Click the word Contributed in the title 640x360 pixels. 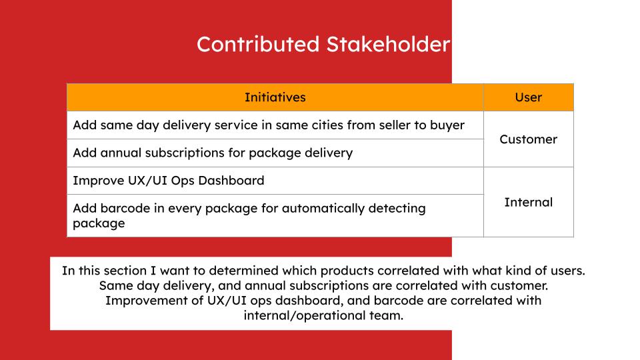[258, 44]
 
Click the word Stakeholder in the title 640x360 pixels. [388, 44]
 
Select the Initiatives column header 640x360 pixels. [275, 97]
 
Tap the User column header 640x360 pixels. [529, 97]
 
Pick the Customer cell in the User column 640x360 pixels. [529, 139]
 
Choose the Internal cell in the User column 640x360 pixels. [529, 202]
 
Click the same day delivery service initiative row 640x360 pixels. [275, 125]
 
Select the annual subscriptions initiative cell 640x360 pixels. [275, 153]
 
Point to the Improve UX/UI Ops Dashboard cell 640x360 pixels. [275, 181]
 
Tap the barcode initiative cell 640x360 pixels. [275, 215]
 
